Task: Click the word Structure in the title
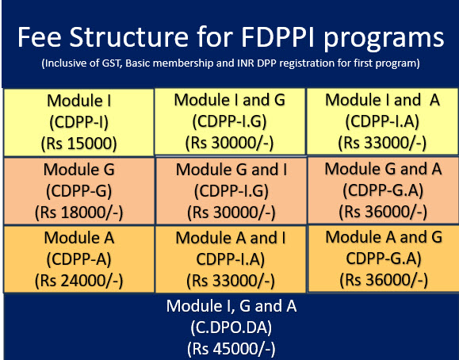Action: click(x=129, y=37)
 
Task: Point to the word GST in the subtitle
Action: click(x=112, y=63)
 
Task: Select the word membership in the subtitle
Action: click(x=185, y=63)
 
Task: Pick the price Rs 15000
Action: click(x=79, y=144)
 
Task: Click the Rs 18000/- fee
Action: click(x=79, y=212)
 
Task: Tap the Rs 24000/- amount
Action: click(x=79, y=281)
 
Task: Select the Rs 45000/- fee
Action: click(x=231, y=349)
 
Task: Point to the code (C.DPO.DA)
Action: click(x=231, y=327)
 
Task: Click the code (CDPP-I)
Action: click(x=79, y=122)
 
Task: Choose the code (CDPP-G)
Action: click(x=79, y=190)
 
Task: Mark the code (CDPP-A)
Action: click(x=79, y=259)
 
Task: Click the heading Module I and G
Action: click(x=230, y=100)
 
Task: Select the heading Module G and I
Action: click(x=231, y=170)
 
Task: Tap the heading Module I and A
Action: click(x=383, y=100)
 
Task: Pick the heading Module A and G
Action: click(x=384, y=237)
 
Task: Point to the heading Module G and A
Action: click(x=383, y=169)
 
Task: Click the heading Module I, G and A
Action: click(x=231, y=306)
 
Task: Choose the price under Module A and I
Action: click(x=231, y=281)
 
